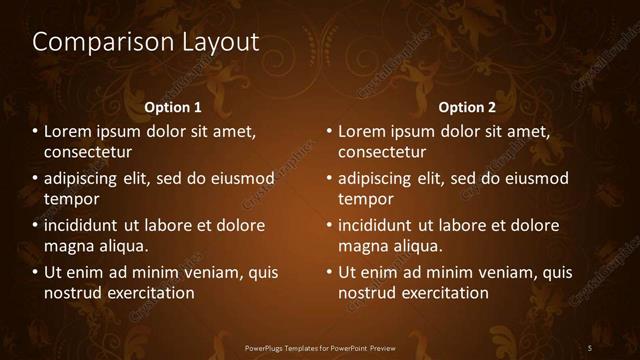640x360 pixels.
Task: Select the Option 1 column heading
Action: tap(173, 107)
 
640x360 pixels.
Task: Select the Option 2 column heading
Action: tap(467, 107)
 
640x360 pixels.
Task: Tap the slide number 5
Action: tap(590, 348)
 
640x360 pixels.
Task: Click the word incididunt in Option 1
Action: tap(85, 226)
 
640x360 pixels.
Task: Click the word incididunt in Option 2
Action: tap(379, 226)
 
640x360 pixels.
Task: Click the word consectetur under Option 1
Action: tap(88, 152)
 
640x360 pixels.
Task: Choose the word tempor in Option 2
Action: tap(366, 199)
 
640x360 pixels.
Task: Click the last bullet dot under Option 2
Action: tap(330, 272)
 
